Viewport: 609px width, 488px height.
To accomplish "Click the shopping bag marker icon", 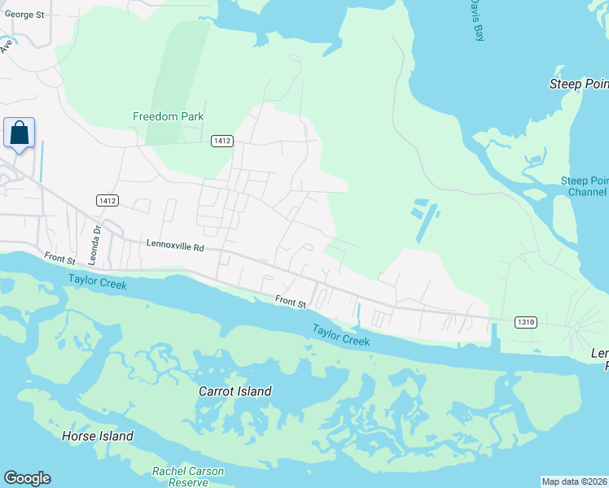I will (x=20, y=133).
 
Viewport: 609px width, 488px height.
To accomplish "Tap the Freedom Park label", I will (x=169, y=116).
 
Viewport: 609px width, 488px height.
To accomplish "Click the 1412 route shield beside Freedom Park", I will (x=222, y=141).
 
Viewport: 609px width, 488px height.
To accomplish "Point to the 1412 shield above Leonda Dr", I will (x=107, y=200).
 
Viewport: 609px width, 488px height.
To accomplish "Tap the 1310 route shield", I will (x=525, y=322).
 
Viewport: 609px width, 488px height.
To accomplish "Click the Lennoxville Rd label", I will (x=175, y=243).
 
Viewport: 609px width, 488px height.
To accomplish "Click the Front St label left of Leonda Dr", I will (x=59, y=258).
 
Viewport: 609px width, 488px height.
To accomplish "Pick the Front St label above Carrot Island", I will (x=290, y=303).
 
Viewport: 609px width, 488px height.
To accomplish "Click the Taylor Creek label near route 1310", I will (x=341, y=334).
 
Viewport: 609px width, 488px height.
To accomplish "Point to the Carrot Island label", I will (x=235, y=391).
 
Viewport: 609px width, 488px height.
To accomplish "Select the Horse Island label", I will (x=98, y=436).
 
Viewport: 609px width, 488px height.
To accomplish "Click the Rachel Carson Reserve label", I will (x=187, y=477).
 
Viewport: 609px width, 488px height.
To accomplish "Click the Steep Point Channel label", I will (x=585, y=186).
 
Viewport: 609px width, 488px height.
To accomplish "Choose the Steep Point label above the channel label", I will (x=579, y=84).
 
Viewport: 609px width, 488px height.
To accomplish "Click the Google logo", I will (x=27, y=478).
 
